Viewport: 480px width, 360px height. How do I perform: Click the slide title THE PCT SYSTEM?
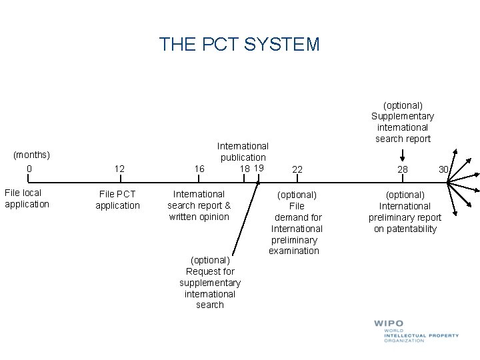pos(239,45)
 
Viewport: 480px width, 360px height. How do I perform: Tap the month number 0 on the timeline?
pos(29,169)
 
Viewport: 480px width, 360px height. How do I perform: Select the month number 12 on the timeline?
pos(119,169)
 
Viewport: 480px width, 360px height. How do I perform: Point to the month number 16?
pos(199,169)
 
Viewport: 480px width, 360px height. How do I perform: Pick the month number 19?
pos(259,168)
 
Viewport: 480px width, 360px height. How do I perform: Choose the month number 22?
pos(297,170)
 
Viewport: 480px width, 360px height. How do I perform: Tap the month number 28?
pos(403,170)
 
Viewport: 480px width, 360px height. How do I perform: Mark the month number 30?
pos(443,169)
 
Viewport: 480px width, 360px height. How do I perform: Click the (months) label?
pos(31,155)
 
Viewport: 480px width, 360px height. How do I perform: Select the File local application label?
pos(27,199)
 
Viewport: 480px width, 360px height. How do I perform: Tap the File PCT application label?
pos(117,200)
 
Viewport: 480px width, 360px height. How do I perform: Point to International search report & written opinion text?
pos(199,205)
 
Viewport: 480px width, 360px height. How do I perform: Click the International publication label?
pos(243,151)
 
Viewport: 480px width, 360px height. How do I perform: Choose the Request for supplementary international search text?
pos(210,282)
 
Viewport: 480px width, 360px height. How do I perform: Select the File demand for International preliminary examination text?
pos(296,223)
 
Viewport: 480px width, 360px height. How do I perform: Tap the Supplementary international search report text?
pos(403,122)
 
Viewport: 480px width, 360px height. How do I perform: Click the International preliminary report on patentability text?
pos(405,212)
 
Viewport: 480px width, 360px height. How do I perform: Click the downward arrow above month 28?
pos(403,155)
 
